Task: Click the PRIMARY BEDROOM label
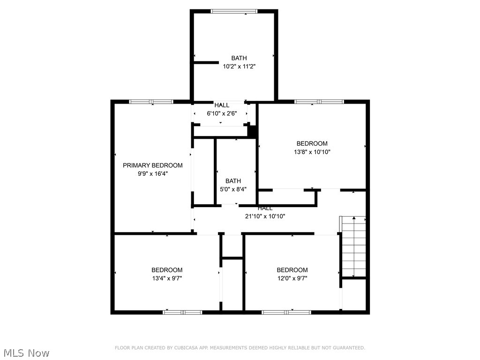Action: pyautogui.click(x=152, y=165)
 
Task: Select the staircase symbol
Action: pyautogui.click(x=353, y=247)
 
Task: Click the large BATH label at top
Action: pyautogui.click(x=239, y=58)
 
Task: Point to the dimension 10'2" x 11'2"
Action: pyautogui.click(x=239, y=67)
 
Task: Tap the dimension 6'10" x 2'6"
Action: pyautogui.click(x=222, y=113)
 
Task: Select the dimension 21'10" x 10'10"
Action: pyautogui.click(x=265, y=216)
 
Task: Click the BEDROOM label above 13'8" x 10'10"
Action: pyautogui.click(x=312, y=143)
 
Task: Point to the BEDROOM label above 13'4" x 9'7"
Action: pyautogui.click(x=167, y=270)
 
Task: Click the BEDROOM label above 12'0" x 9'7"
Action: pyautogui.click(x=292, y=270)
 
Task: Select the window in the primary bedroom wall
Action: pyautogui.click(x=151, y=102)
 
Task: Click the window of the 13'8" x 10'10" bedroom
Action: pyautogui.click(x=319, y=102)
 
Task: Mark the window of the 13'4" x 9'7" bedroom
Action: pyautogui.click(x=182, y=312)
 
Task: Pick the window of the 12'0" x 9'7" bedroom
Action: pyautogui.click(x=286, y=312)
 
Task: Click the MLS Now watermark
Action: pyautogui.click(x=26, y=352)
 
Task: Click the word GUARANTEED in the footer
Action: pyautogui.click(x=348, y=348)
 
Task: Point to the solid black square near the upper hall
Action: pyautogui.click(x=252, y=131)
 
